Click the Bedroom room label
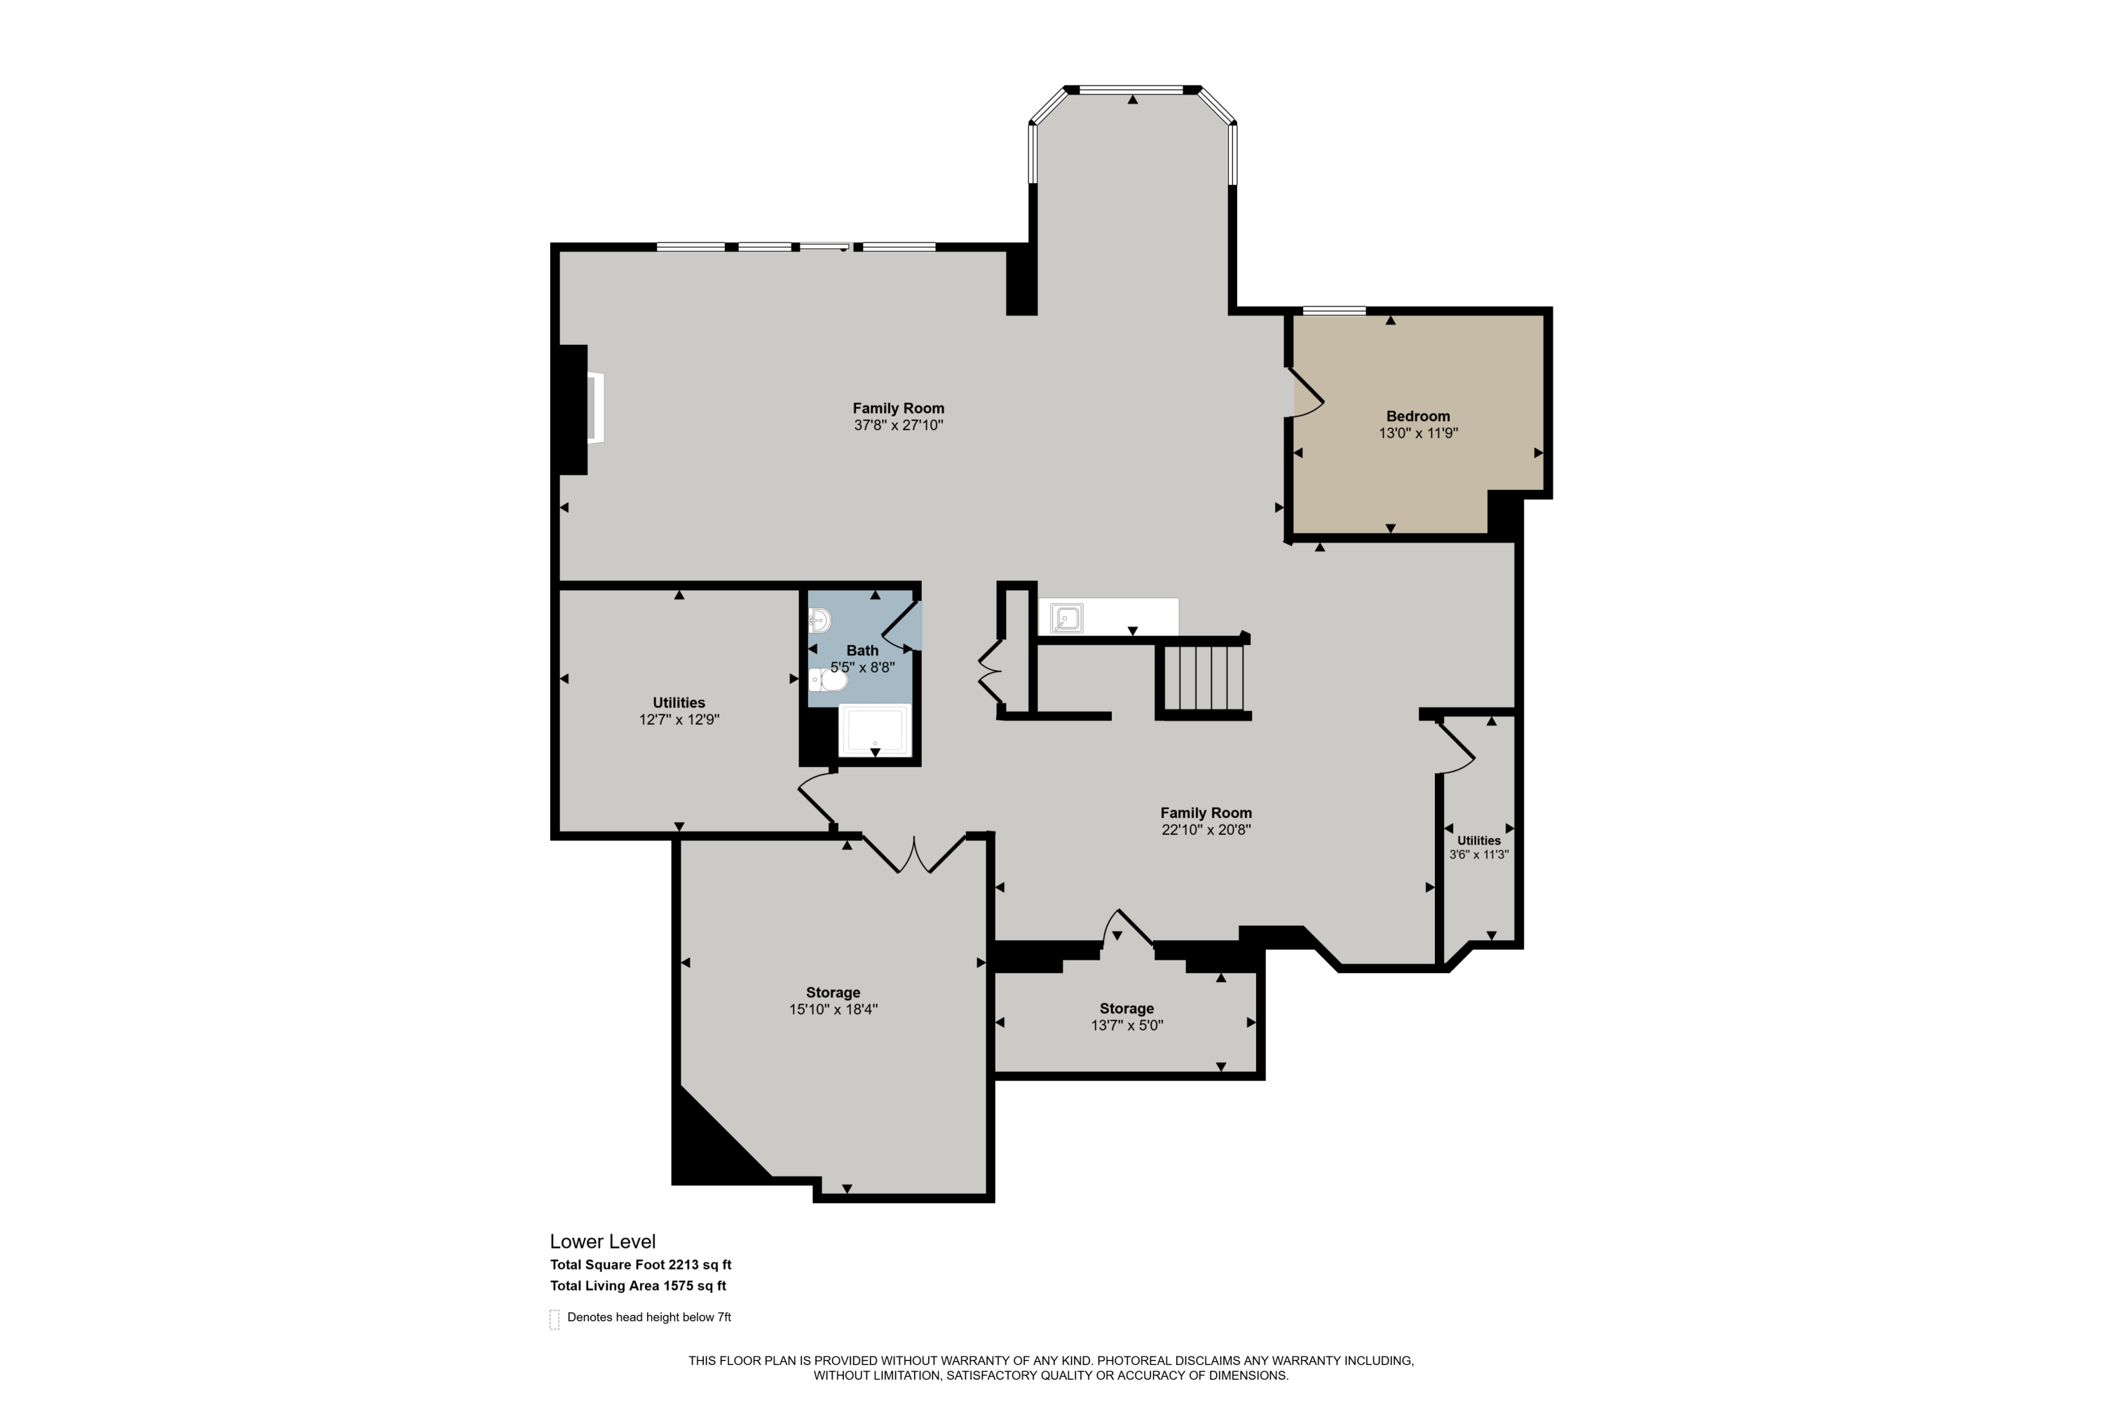click(1417, 416)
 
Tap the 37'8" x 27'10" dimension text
click(898, 426)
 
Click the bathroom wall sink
click(819, 620)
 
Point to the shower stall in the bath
click(874, 730)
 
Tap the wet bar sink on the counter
click(1067, 618)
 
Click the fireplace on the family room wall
click(594, 409)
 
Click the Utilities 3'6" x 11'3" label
click(1479, 847)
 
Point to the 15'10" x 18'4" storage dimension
click(833, 1009)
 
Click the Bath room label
click(862, 650)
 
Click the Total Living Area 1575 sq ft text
click(637, 1286)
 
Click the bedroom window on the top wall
click(1334, 311)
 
